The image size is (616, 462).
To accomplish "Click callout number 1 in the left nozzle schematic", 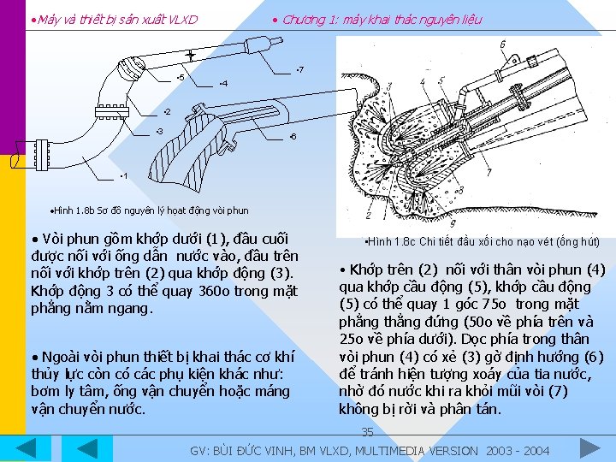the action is [124, 176].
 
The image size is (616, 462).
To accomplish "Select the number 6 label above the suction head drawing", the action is [501, 44].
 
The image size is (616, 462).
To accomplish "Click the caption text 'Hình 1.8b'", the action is [72, 210].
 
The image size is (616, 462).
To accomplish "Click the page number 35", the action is [367, 432].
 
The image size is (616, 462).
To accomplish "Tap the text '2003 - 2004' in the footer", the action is [517, 450].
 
